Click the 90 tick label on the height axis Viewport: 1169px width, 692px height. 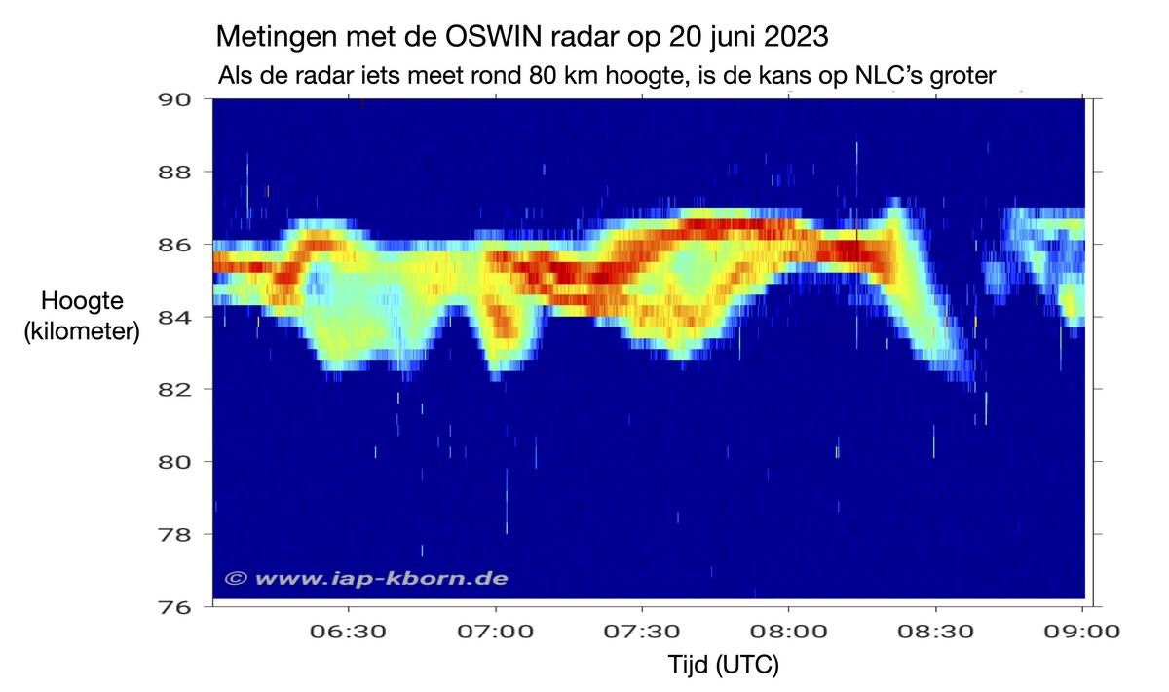point(178,98)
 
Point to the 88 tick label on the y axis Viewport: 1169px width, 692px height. point(178,172)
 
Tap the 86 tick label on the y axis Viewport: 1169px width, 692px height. point(178,244)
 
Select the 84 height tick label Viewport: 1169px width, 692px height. point(178,316)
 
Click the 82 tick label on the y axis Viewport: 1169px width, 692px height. point(178,389)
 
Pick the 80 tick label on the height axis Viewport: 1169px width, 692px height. point(178,461)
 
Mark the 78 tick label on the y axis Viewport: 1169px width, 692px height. point(178,534)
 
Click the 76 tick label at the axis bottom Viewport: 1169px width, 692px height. point(178,606)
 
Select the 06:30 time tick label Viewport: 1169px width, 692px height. point(349,631)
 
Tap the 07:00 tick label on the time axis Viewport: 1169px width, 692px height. point(496,631)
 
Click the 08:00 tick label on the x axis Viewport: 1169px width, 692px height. point(789,631)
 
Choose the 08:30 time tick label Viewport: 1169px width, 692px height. point(936,631)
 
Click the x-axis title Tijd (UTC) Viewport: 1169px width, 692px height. point(724,667)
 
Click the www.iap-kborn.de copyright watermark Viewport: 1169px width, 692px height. point(366,578)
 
